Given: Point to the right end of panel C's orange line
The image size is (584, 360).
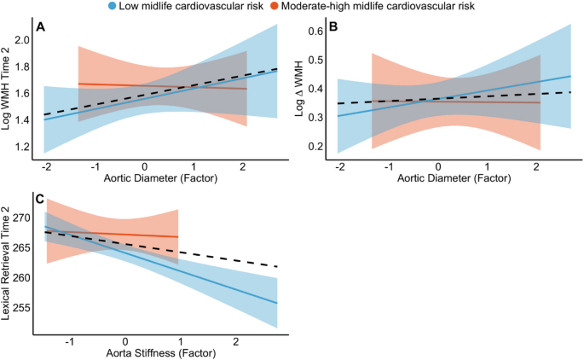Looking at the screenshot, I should [x=178, y=236].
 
